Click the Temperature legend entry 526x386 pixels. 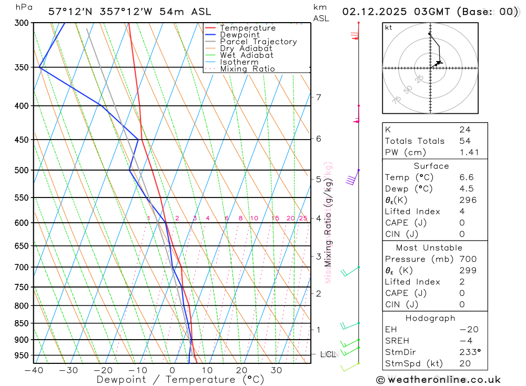(x=247, y=28)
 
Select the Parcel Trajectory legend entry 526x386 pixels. (x=258, y=42)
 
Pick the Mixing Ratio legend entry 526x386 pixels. (x=247, y=68)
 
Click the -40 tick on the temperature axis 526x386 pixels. (x=33, y=370)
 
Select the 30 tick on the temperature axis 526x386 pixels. (x=276, y=370)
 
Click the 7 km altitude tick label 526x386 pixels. (x=318, y=97)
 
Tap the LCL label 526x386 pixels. (x=328, y=354)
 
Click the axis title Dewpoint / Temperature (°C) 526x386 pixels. (x=173, y=380)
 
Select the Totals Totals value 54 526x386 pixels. (x=465, y=141)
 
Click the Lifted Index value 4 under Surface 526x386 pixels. (x=461, y=211)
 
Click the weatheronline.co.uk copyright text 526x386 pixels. (x=439, y=380)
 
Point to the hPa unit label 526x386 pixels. (x=23, y=7)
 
